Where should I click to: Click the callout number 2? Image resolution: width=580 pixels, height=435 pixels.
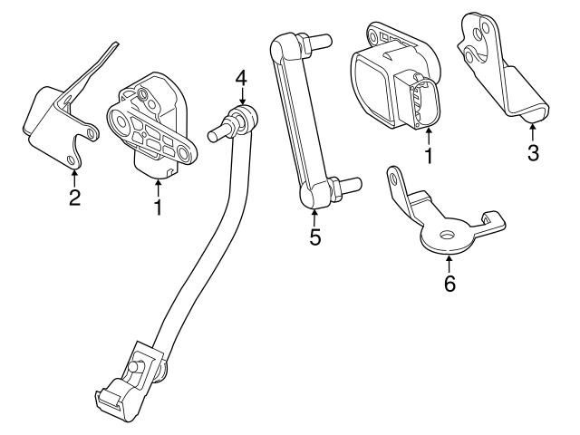[74, 196]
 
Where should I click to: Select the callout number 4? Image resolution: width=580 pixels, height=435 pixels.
[240, 78]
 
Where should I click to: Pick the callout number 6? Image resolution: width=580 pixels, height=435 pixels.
[449, 284]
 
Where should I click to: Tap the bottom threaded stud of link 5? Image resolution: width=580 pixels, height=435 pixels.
[353, 188]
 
